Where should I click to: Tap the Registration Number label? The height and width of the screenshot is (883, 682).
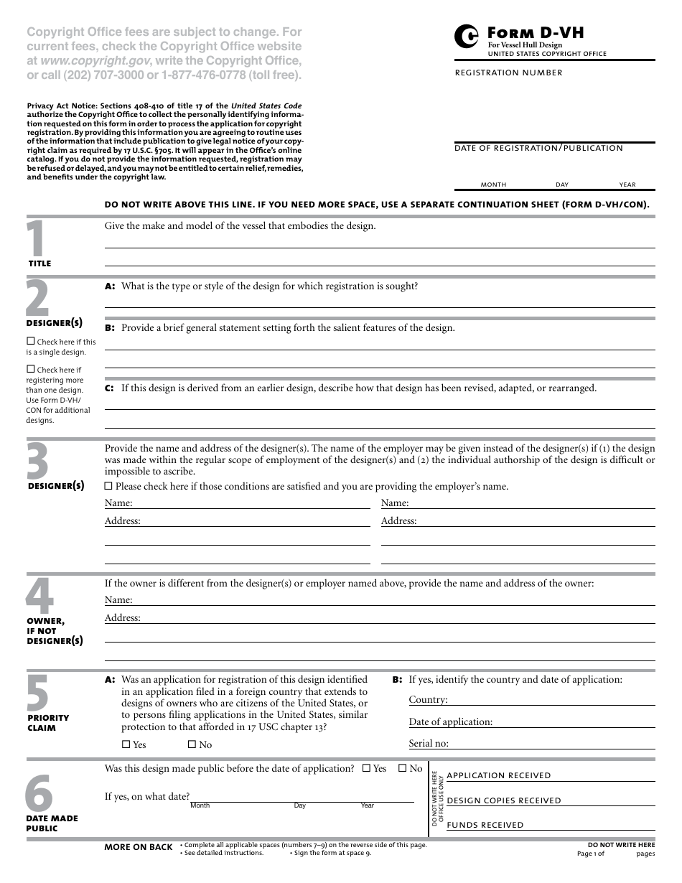(508, 73)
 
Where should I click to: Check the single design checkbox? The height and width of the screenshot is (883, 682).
(30, 342)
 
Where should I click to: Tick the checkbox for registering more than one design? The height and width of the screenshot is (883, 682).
(30, 370)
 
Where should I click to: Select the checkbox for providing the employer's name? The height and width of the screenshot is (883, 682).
(108, 486)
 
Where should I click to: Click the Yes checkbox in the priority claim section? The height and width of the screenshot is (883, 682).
(126, 744)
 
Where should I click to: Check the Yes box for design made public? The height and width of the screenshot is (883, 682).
(366, 768)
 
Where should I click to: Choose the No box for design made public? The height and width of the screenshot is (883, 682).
(402, 768)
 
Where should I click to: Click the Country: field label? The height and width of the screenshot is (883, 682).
(428, 699)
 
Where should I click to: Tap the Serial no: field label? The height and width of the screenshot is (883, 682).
(429, 744)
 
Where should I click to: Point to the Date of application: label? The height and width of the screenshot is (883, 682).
(450, 721)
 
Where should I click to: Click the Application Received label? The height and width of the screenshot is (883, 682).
(499, 775)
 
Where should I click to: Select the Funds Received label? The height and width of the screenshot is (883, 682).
(485, 826)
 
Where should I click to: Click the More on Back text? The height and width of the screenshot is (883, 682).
(139, 847)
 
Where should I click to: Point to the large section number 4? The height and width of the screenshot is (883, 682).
(39, 596)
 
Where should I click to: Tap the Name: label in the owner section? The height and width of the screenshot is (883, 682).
(118, 599)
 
